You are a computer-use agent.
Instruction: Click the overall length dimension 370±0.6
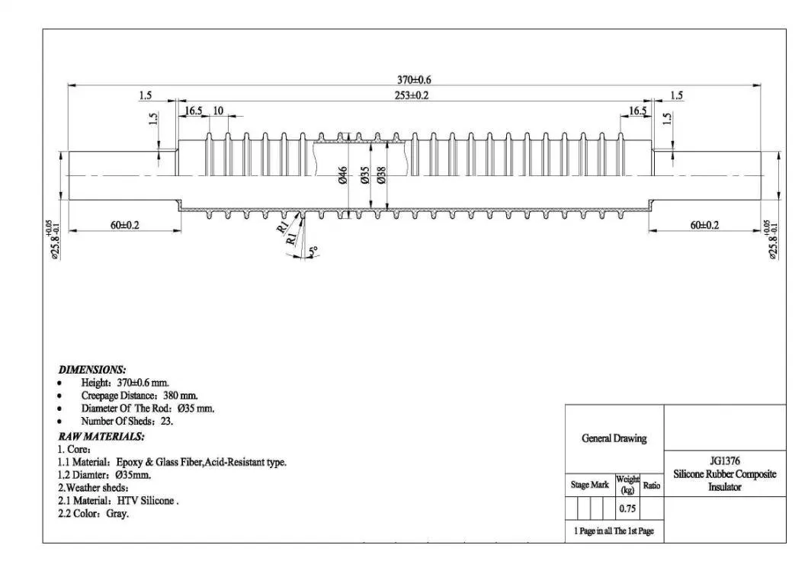415,79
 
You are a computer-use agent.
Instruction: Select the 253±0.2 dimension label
412,95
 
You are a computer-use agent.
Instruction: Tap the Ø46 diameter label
343,175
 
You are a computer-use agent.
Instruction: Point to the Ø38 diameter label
381,175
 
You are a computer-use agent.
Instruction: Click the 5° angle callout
312,251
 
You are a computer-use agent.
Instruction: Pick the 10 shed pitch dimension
218,111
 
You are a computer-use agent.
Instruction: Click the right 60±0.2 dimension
704,225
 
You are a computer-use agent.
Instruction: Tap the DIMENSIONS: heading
92,369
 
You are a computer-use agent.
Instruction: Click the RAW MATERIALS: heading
101,436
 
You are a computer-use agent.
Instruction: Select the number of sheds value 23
165,422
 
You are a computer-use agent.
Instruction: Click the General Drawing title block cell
614,438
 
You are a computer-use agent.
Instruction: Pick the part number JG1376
725,460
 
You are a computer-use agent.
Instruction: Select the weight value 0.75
627,508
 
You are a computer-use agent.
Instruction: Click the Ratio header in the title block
652,485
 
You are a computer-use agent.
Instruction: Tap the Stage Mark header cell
589,485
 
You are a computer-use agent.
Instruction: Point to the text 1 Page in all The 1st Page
614,531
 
